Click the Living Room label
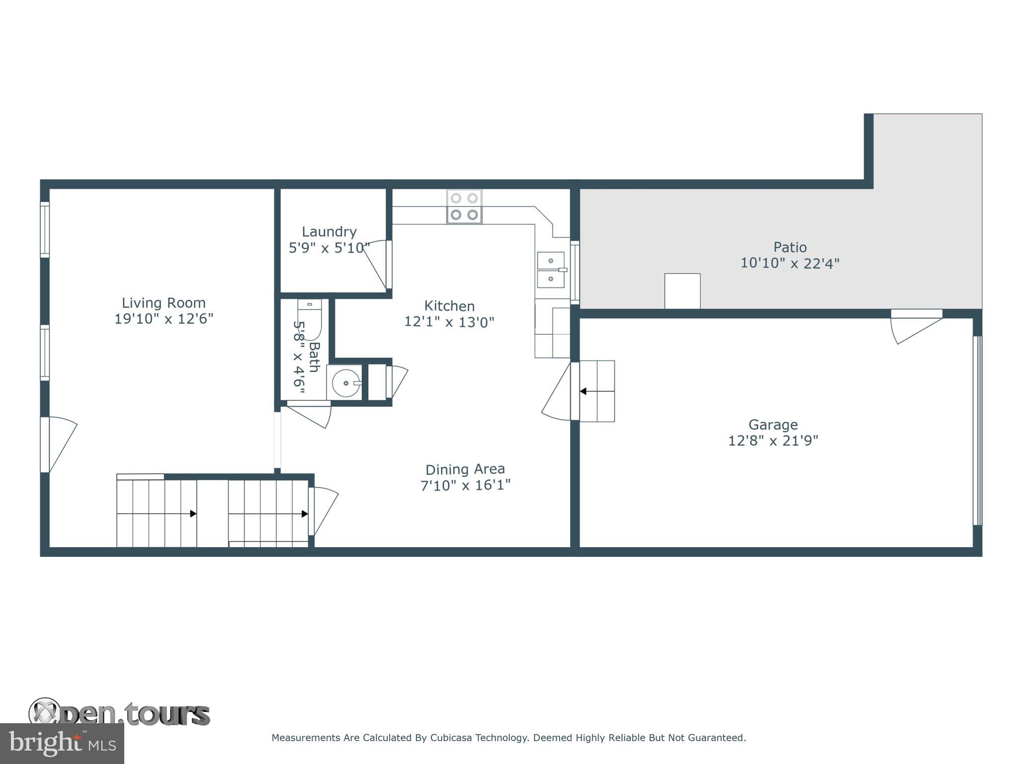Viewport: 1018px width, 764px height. tap(164, 303)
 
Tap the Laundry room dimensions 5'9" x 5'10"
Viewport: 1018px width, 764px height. tap(329, 248)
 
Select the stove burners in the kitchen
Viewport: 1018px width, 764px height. tap(464, 206)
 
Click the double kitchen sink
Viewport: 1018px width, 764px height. tap(551, 270)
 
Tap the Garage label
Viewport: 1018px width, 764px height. tap(773, 425)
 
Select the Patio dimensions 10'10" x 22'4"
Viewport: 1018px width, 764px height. tap(790, 263)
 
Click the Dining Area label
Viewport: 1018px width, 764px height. tap(465, 469)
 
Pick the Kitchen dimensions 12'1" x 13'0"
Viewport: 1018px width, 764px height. tap(449, 322)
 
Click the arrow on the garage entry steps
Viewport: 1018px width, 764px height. tap(584, 391)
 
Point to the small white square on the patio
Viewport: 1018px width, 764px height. tap(682, 291)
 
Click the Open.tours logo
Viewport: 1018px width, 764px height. tap(119, 714)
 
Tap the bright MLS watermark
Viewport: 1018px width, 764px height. tap(62, 743)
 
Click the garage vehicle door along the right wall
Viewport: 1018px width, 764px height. tap(977, 431)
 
